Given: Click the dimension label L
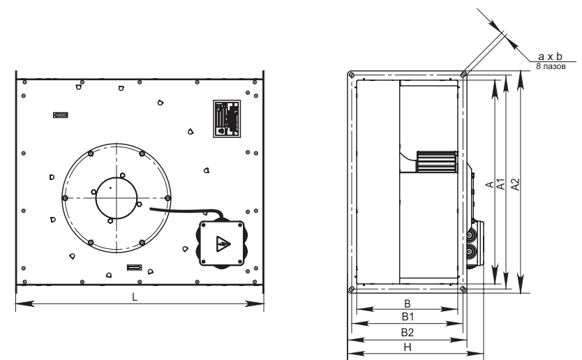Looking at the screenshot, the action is tap(135, 297).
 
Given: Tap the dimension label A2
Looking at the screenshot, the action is tap(516, 184).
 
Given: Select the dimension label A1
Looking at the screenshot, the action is tap(501, 184).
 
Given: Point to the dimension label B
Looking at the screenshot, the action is tap(407, 303).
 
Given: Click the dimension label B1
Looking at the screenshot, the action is tap(408, 317).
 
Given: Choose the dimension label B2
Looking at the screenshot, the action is tap(407, 332).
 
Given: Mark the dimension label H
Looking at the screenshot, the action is tap(408, 347).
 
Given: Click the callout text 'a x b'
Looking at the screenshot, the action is tap(550, 57).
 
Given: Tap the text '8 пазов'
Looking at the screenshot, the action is tap(551, 66).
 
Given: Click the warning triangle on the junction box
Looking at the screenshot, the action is tap(223, 243).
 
